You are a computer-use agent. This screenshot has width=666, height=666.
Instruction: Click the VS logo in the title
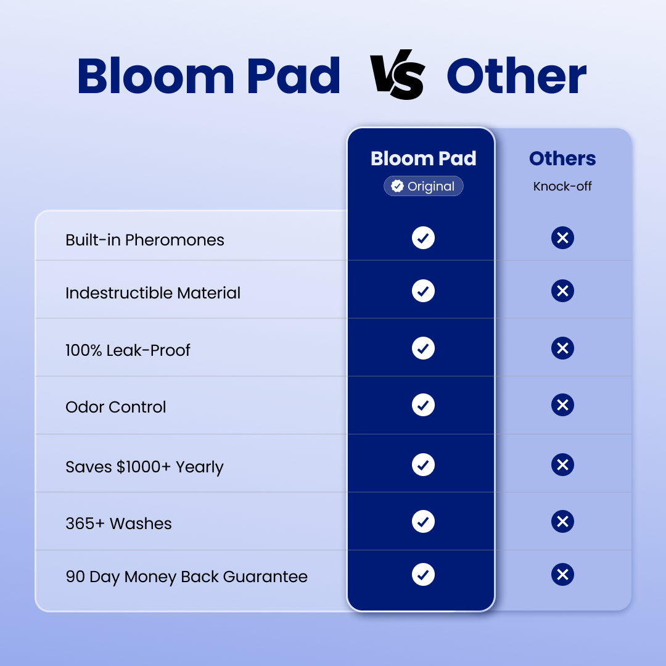coord(397,75)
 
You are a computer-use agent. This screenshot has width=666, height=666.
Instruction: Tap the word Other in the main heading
coord(517,76)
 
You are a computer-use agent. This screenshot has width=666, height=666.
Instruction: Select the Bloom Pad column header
coord(424,158)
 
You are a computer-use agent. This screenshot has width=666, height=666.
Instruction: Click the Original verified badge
coord(424,186)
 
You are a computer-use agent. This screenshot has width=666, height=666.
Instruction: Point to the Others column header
coord(562,158)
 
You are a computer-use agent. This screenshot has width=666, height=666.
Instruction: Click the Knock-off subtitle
coord(562,186)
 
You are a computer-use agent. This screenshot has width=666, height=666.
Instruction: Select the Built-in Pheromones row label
coord(145,240)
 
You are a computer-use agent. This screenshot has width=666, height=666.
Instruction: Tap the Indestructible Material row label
coord(153,293)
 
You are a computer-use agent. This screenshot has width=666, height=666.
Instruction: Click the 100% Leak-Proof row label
coord(128,350)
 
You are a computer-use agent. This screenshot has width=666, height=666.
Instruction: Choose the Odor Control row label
coord(115,407)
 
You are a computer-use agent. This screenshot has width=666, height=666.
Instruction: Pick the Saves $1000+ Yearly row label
coord(144,467)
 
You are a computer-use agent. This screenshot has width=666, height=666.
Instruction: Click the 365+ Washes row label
coord(118,524)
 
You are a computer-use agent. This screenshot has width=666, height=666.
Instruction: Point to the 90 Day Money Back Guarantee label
coord(186,577)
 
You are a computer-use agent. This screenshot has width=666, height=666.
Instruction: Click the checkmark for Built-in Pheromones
coord(424,238)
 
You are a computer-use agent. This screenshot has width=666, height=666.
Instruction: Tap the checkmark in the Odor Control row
coord(424,405)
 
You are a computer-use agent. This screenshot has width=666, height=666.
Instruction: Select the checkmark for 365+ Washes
coord(424,521)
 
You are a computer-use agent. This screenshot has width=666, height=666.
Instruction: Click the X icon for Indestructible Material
coord(563,291)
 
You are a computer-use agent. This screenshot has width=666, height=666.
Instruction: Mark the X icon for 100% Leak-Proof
coord(563,348)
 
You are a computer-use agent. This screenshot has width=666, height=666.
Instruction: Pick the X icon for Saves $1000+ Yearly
coord(563,465)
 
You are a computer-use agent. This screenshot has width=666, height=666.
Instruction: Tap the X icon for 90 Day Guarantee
coord(563,575)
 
